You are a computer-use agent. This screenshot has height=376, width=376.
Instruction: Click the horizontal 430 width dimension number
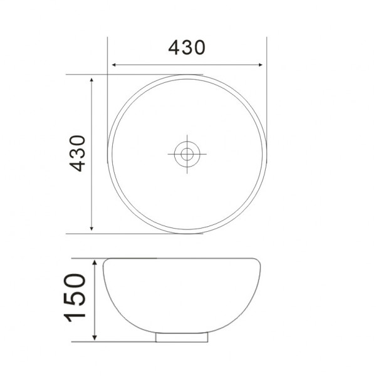(x=187, y=48)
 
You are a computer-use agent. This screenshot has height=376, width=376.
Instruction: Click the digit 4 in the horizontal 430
(x=174, y=48)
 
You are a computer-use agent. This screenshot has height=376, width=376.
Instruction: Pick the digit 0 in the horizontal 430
(x=199, y=48)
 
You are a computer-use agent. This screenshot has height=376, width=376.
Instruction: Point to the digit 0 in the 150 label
(x=75, y=279)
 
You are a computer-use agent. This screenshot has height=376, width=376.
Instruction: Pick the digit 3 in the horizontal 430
(x=187, y=48)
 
